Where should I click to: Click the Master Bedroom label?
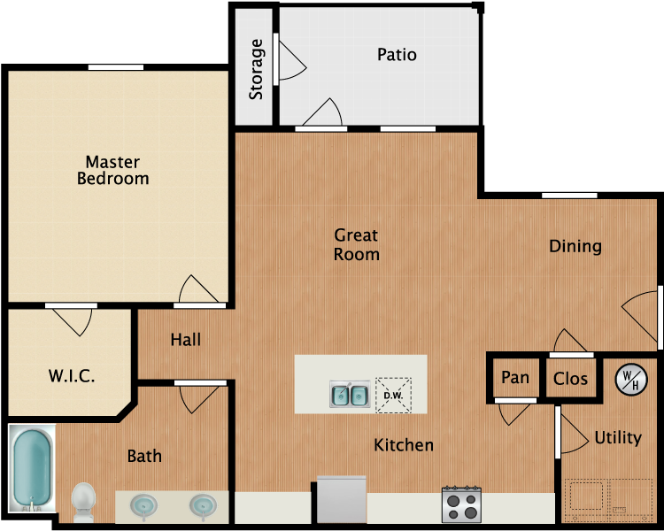click(x=113, y=170)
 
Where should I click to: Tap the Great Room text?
click(x=356, y=245)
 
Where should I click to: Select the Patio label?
click(x=397, y=55)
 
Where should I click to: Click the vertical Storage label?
click(x=257, y=68)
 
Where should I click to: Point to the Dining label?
click(x=575, y=246)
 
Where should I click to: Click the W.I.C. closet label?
click(x=72, y=376)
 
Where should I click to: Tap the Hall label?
click(x=186, y=340)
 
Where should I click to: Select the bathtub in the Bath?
click(x=32, y=469)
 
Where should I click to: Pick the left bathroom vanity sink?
click(x=144, y=505)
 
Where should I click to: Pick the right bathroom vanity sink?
click(x=203, y=505)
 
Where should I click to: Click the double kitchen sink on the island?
click(x=350, y=395)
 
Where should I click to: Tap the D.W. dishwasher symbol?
click(x=393, y=395)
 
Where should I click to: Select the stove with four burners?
click(x=461, y=504)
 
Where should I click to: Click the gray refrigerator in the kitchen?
click(x=341, y=500)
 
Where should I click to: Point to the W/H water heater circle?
click(x=632, y=379)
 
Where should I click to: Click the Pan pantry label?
click(x=515, y=378)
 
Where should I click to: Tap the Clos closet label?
click(x=570, y=379)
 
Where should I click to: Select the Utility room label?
click(x=618, y=438)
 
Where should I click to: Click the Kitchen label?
click(x=404, y=445)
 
